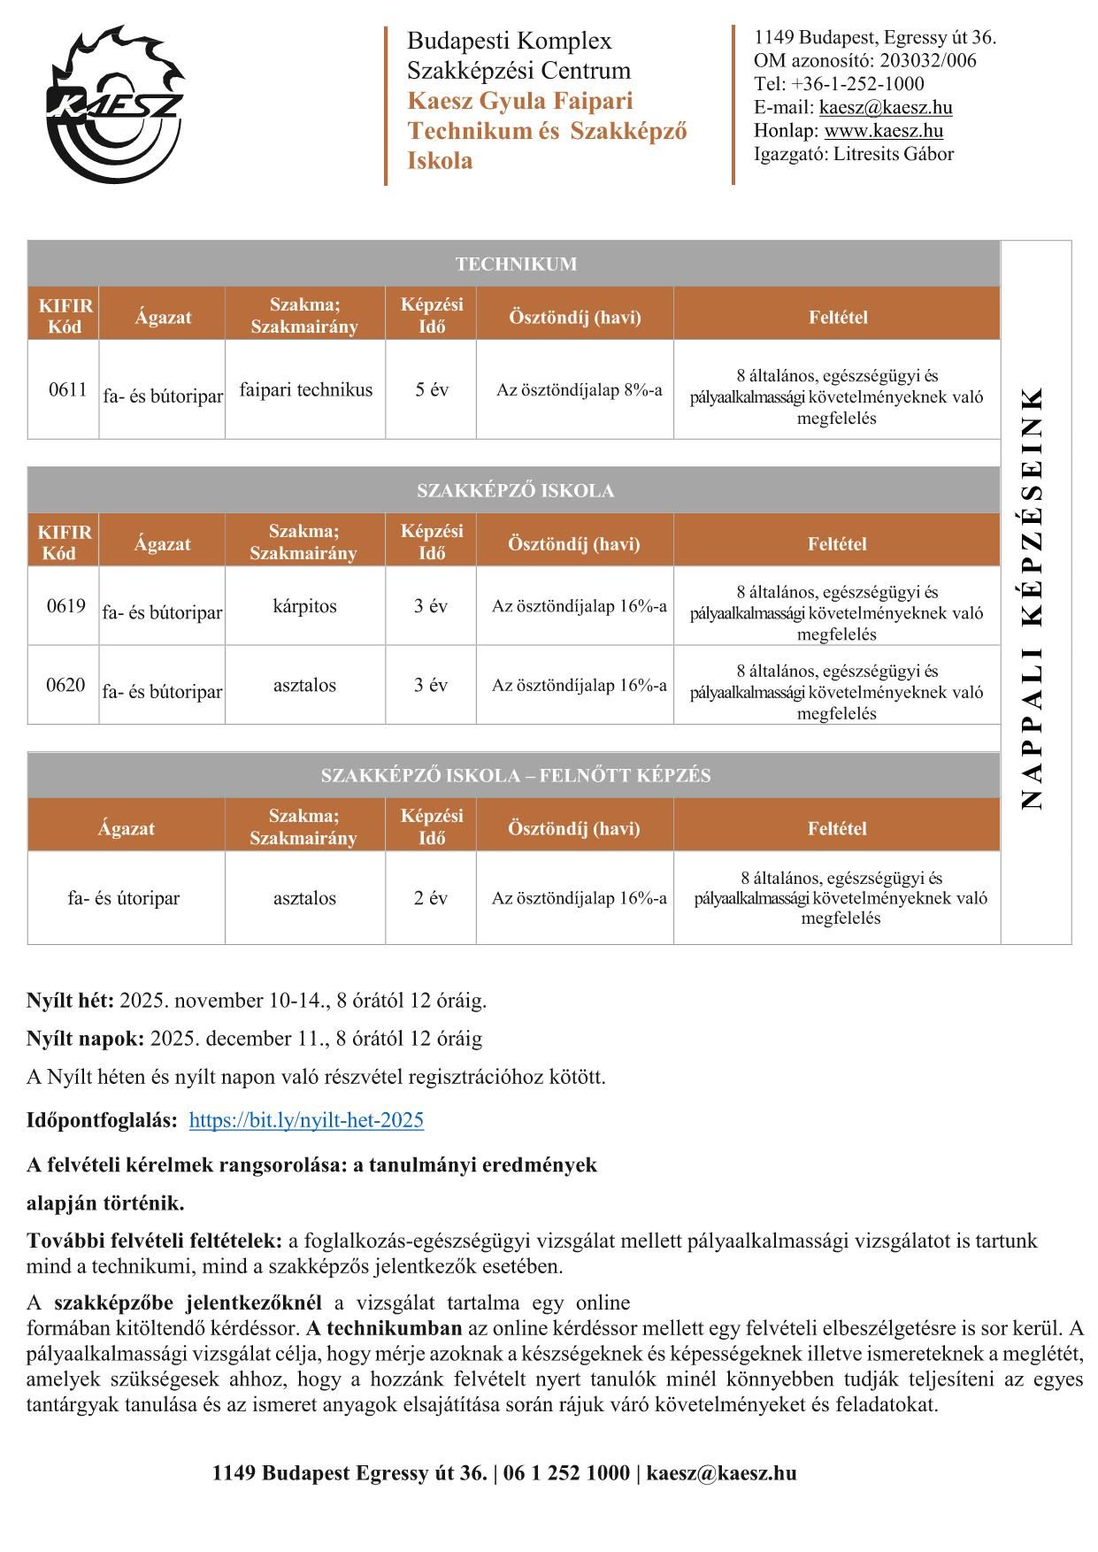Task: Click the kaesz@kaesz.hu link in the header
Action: pos(886,108)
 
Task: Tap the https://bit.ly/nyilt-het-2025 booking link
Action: pos(306,1120)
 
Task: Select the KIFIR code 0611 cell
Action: pos(67,389)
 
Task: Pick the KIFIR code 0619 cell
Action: pos(65,606)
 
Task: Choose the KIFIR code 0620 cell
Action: pos(65,685)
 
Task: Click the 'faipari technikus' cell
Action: pos(305,389)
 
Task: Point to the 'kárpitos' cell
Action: pos(304,606)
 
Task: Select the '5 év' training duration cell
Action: pos(431,389)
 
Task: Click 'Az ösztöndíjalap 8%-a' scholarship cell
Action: pos(579,389)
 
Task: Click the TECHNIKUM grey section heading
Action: pos(516,264)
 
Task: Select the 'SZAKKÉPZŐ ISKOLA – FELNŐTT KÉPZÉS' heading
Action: pos(515,776)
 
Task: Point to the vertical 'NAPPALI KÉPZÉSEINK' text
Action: pos(1033,597)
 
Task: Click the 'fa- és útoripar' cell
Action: pos(124,898)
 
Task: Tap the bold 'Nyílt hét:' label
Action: pos(71,1001)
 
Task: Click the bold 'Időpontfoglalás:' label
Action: pos(102,1120)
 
